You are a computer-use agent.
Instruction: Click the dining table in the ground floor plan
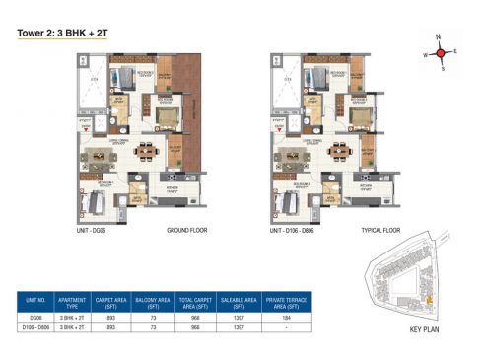point(147,152)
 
